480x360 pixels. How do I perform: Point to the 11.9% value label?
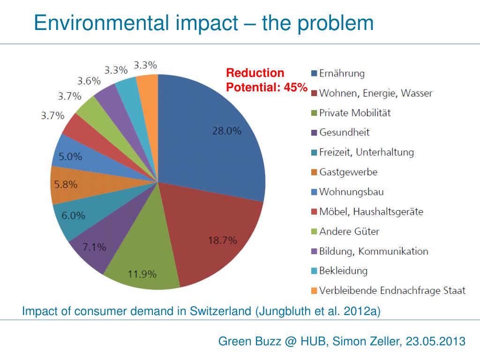pos(142,274)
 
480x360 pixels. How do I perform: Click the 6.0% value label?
pos(74,216)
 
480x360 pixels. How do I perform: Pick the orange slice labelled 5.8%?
pos(66,185)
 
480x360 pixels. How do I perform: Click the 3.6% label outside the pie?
pos(89,81)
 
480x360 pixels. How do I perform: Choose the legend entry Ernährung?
pos(342,74)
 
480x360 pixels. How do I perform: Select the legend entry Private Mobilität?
pos(355,113)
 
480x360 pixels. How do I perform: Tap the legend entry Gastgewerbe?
pos(348,172)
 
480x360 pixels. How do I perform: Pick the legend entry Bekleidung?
pos(343,271)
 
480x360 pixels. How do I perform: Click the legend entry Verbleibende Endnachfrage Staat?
pos(392,291)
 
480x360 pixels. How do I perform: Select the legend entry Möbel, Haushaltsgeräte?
pos(371,212)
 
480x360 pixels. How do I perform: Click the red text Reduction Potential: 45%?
pos(266,80)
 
